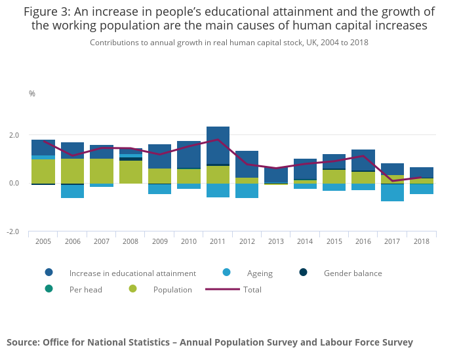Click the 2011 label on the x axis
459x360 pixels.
click(218, 241)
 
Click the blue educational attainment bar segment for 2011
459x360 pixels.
click(218, 145)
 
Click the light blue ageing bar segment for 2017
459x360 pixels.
click(392, 193)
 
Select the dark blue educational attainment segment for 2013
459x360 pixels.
click(276, 175)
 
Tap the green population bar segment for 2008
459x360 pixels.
click(130, 172)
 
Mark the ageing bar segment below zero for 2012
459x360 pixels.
click(247, 191)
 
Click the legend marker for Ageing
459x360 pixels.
click(226, 273)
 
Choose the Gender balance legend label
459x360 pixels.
click(353, 273)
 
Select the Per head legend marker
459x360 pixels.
click(49, 289)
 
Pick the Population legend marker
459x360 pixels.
click(132, 289)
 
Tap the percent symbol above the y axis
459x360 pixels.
click(32, 94)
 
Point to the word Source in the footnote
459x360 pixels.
click(22, 342)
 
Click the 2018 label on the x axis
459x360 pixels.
click(422, 241)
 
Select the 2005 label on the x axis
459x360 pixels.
click(43, 241)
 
